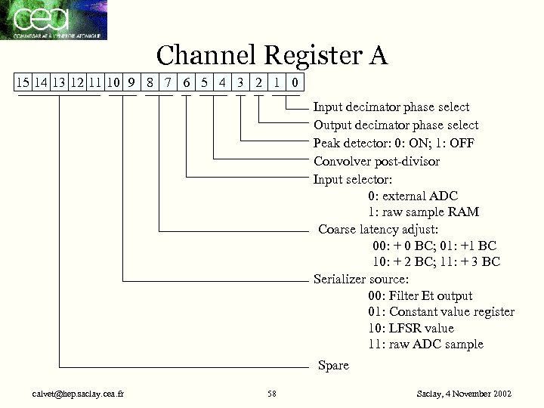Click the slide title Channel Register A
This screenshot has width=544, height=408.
coord(271,54)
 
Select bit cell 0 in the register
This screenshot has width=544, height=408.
coord(295,82)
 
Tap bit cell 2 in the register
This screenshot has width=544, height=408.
coord(258,82)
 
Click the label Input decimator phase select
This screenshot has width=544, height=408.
coord(391,107)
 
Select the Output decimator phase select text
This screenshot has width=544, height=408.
coord(395,125)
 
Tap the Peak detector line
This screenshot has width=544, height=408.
coord(394,143)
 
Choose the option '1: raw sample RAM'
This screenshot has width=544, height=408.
coord(423,212)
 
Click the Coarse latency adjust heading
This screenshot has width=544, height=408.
coord(378,229)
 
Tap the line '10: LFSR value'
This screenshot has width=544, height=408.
coord(411,328)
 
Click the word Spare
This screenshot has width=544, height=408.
coord(333,366)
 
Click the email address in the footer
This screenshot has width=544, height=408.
coord(74,394)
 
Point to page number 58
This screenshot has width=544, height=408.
coord(272,394)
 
